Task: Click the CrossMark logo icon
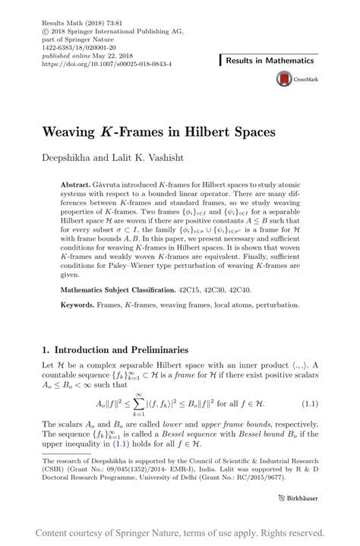[x=285, y=78]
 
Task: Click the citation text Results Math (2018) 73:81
[x=75, y=14]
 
